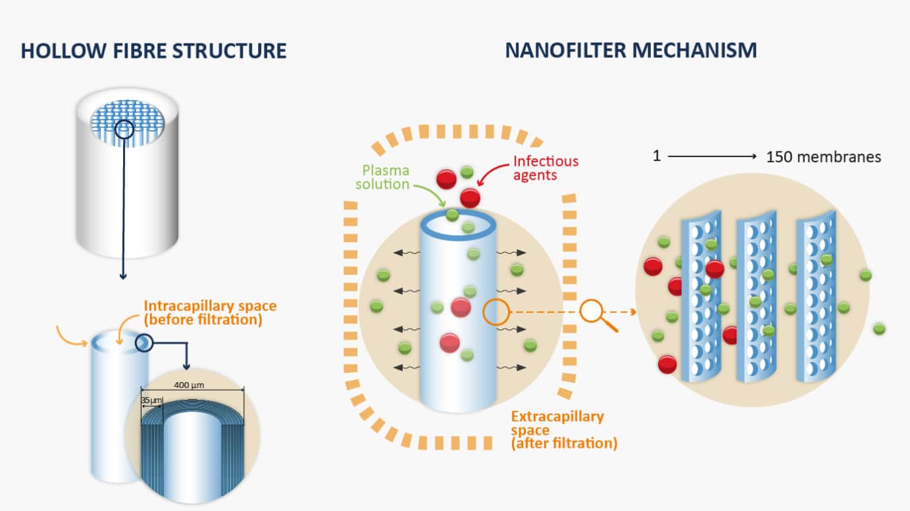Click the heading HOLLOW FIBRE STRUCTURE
(153, 51)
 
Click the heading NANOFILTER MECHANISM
(630, 51)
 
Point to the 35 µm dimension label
(151, 399)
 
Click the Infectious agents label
(545, 168)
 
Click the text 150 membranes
(823, 157)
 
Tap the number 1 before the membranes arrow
(656, 157)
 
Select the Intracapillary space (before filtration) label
(209, 313)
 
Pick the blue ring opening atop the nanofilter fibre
(457, 224)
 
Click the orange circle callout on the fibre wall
(497, 312)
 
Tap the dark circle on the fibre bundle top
(125, 128)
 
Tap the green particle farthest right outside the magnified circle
(878, 328)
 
